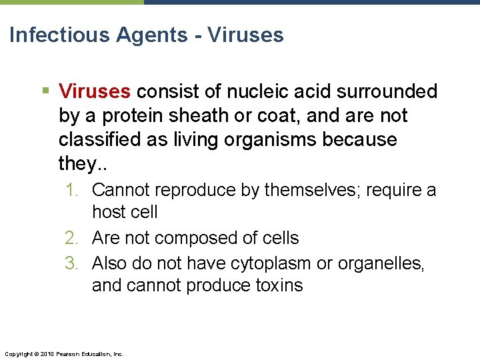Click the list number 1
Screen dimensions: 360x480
[x=71, y=191]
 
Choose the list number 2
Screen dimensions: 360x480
[x=72, y=238]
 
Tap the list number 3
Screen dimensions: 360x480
[x=72, y=263]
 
